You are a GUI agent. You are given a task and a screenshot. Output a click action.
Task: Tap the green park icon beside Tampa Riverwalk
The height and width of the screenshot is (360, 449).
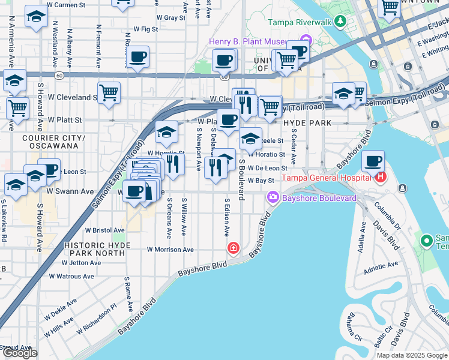click(341, 22)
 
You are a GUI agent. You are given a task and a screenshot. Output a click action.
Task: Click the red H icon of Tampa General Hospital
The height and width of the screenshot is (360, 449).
click(379, 177)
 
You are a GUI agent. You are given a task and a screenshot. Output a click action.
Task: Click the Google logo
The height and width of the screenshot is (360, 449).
click(19, 353)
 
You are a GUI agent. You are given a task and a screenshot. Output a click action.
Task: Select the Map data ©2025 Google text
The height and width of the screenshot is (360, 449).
click(412, 355)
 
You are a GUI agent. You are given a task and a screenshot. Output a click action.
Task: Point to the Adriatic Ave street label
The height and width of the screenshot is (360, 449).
click(381, 264)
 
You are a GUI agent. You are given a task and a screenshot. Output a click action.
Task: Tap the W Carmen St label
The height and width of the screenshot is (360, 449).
click(67, 5)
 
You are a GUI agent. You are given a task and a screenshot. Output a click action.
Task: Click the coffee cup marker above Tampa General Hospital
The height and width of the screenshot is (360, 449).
click(373, 161)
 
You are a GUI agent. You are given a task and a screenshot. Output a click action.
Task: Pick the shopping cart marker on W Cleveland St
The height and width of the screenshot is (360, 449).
click(109, 92)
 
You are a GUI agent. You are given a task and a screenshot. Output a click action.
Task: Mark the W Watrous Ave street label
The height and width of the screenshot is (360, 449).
click(71, 277)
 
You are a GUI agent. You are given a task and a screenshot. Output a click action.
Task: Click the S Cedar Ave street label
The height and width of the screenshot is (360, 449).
click(294, 150)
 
